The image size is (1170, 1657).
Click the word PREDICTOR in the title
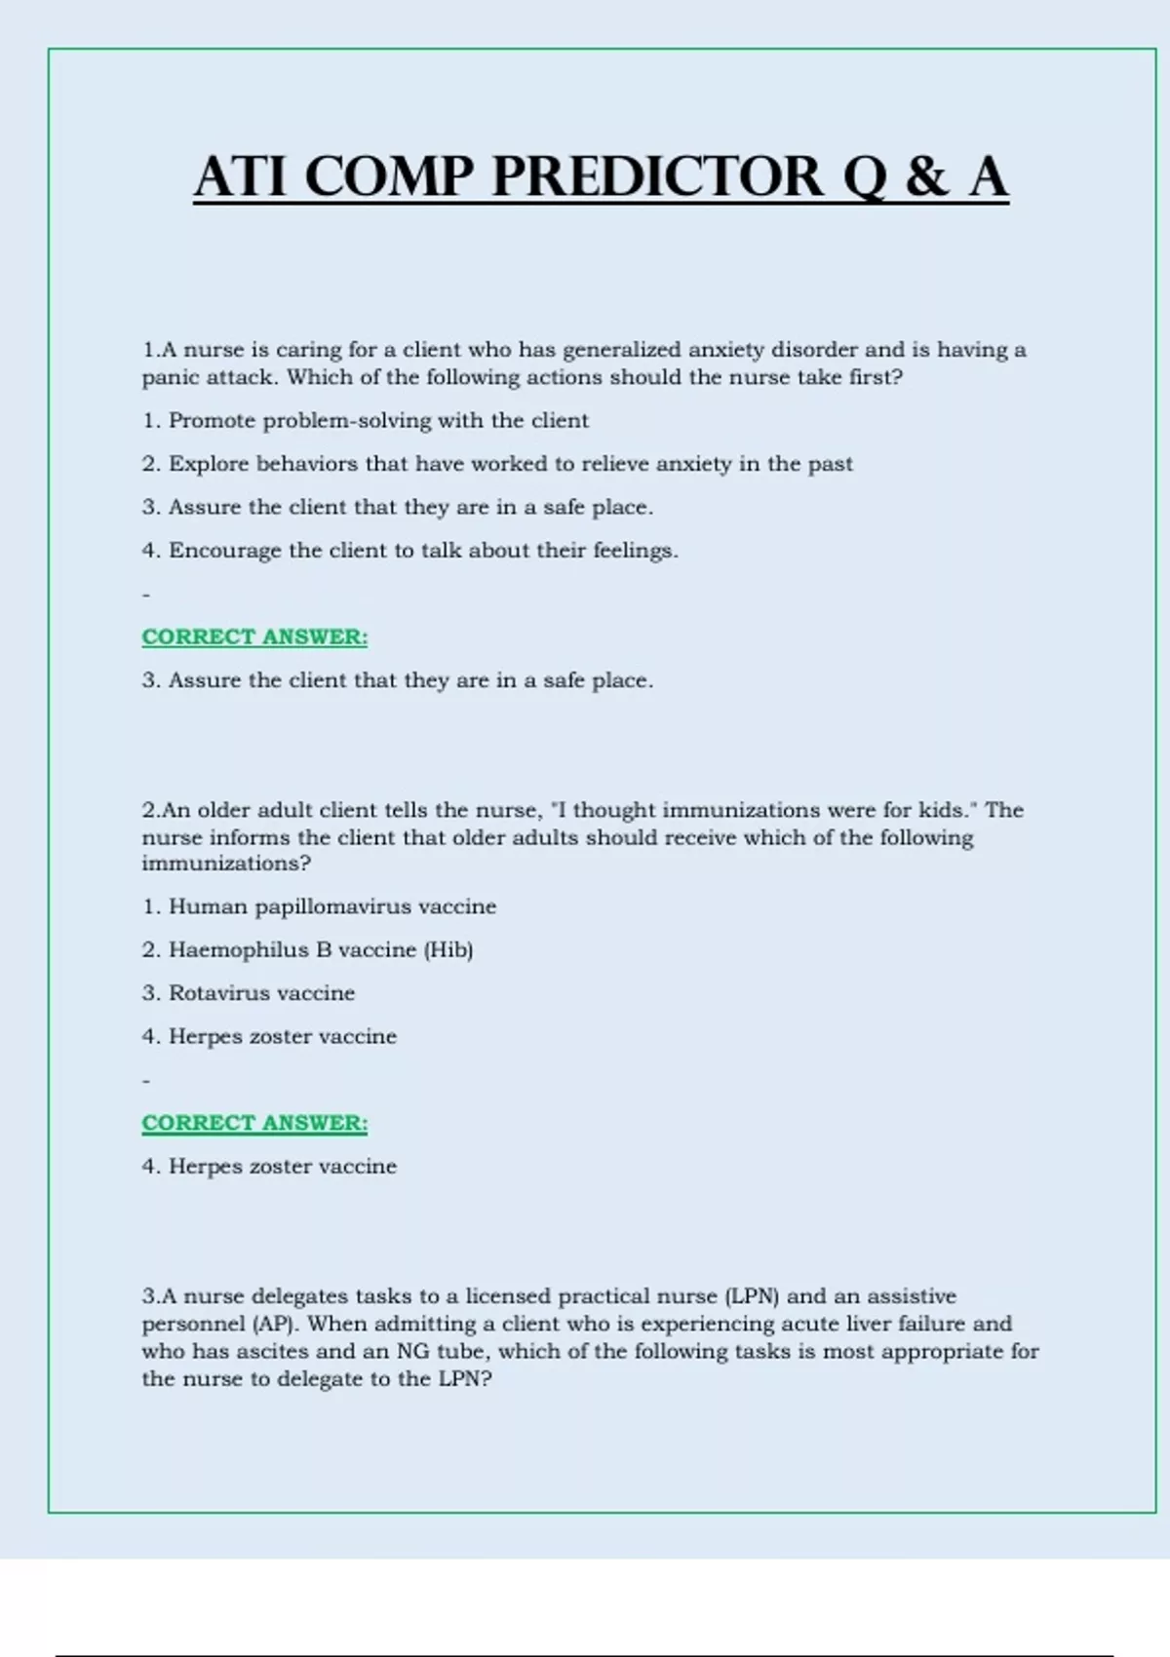(x=657, y=177)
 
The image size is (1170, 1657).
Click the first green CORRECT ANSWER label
(x=254, y=637)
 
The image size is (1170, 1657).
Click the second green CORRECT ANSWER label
(x=254, y=1123)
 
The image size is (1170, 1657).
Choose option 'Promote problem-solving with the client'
(x=378, y=421)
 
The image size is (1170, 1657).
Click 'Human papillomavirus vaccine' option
(x=331, y=906)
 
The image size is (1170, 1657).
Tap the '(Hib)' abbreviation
(x=448, y=949)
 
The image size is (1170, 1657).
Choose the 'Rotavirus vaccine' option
(x=261, y=993)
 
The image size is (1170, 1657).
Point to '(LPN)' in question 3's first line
(x=752, y=1296)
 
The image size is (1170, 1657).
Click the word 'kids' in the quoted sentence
(x=940, y=810)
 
